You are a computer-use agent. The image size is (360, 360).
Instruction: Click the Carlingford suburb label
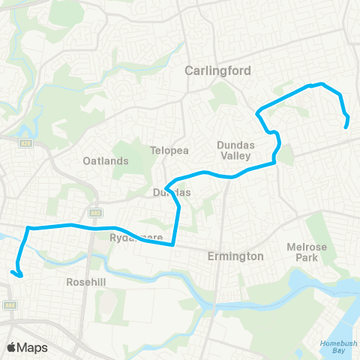click(x=217, y=70)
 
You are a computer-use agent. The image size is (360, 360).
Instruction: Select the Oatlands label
click(x=105, y=160)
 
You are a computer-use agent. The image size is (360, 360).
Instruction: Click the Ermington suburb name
click(x=235, y=256)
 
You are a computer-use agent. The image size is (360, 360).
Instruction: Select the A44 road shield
click(x=10, y=305)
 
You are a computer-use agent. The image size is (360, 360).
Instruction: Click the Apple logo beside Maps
click(x=11, y=347)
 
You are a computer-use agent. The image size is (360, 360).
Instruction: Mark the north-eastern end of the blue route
click(x=346, y=127)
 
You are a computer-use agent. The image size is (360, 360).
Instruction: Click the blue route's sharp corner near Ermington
click(x=173, y=244)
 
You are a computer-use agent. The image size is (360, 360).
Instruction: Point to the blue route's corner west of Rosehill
click(x=28, y=227)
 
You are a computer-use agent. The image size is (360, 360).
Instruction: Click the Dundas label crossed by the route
click(x=172, y=193)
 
